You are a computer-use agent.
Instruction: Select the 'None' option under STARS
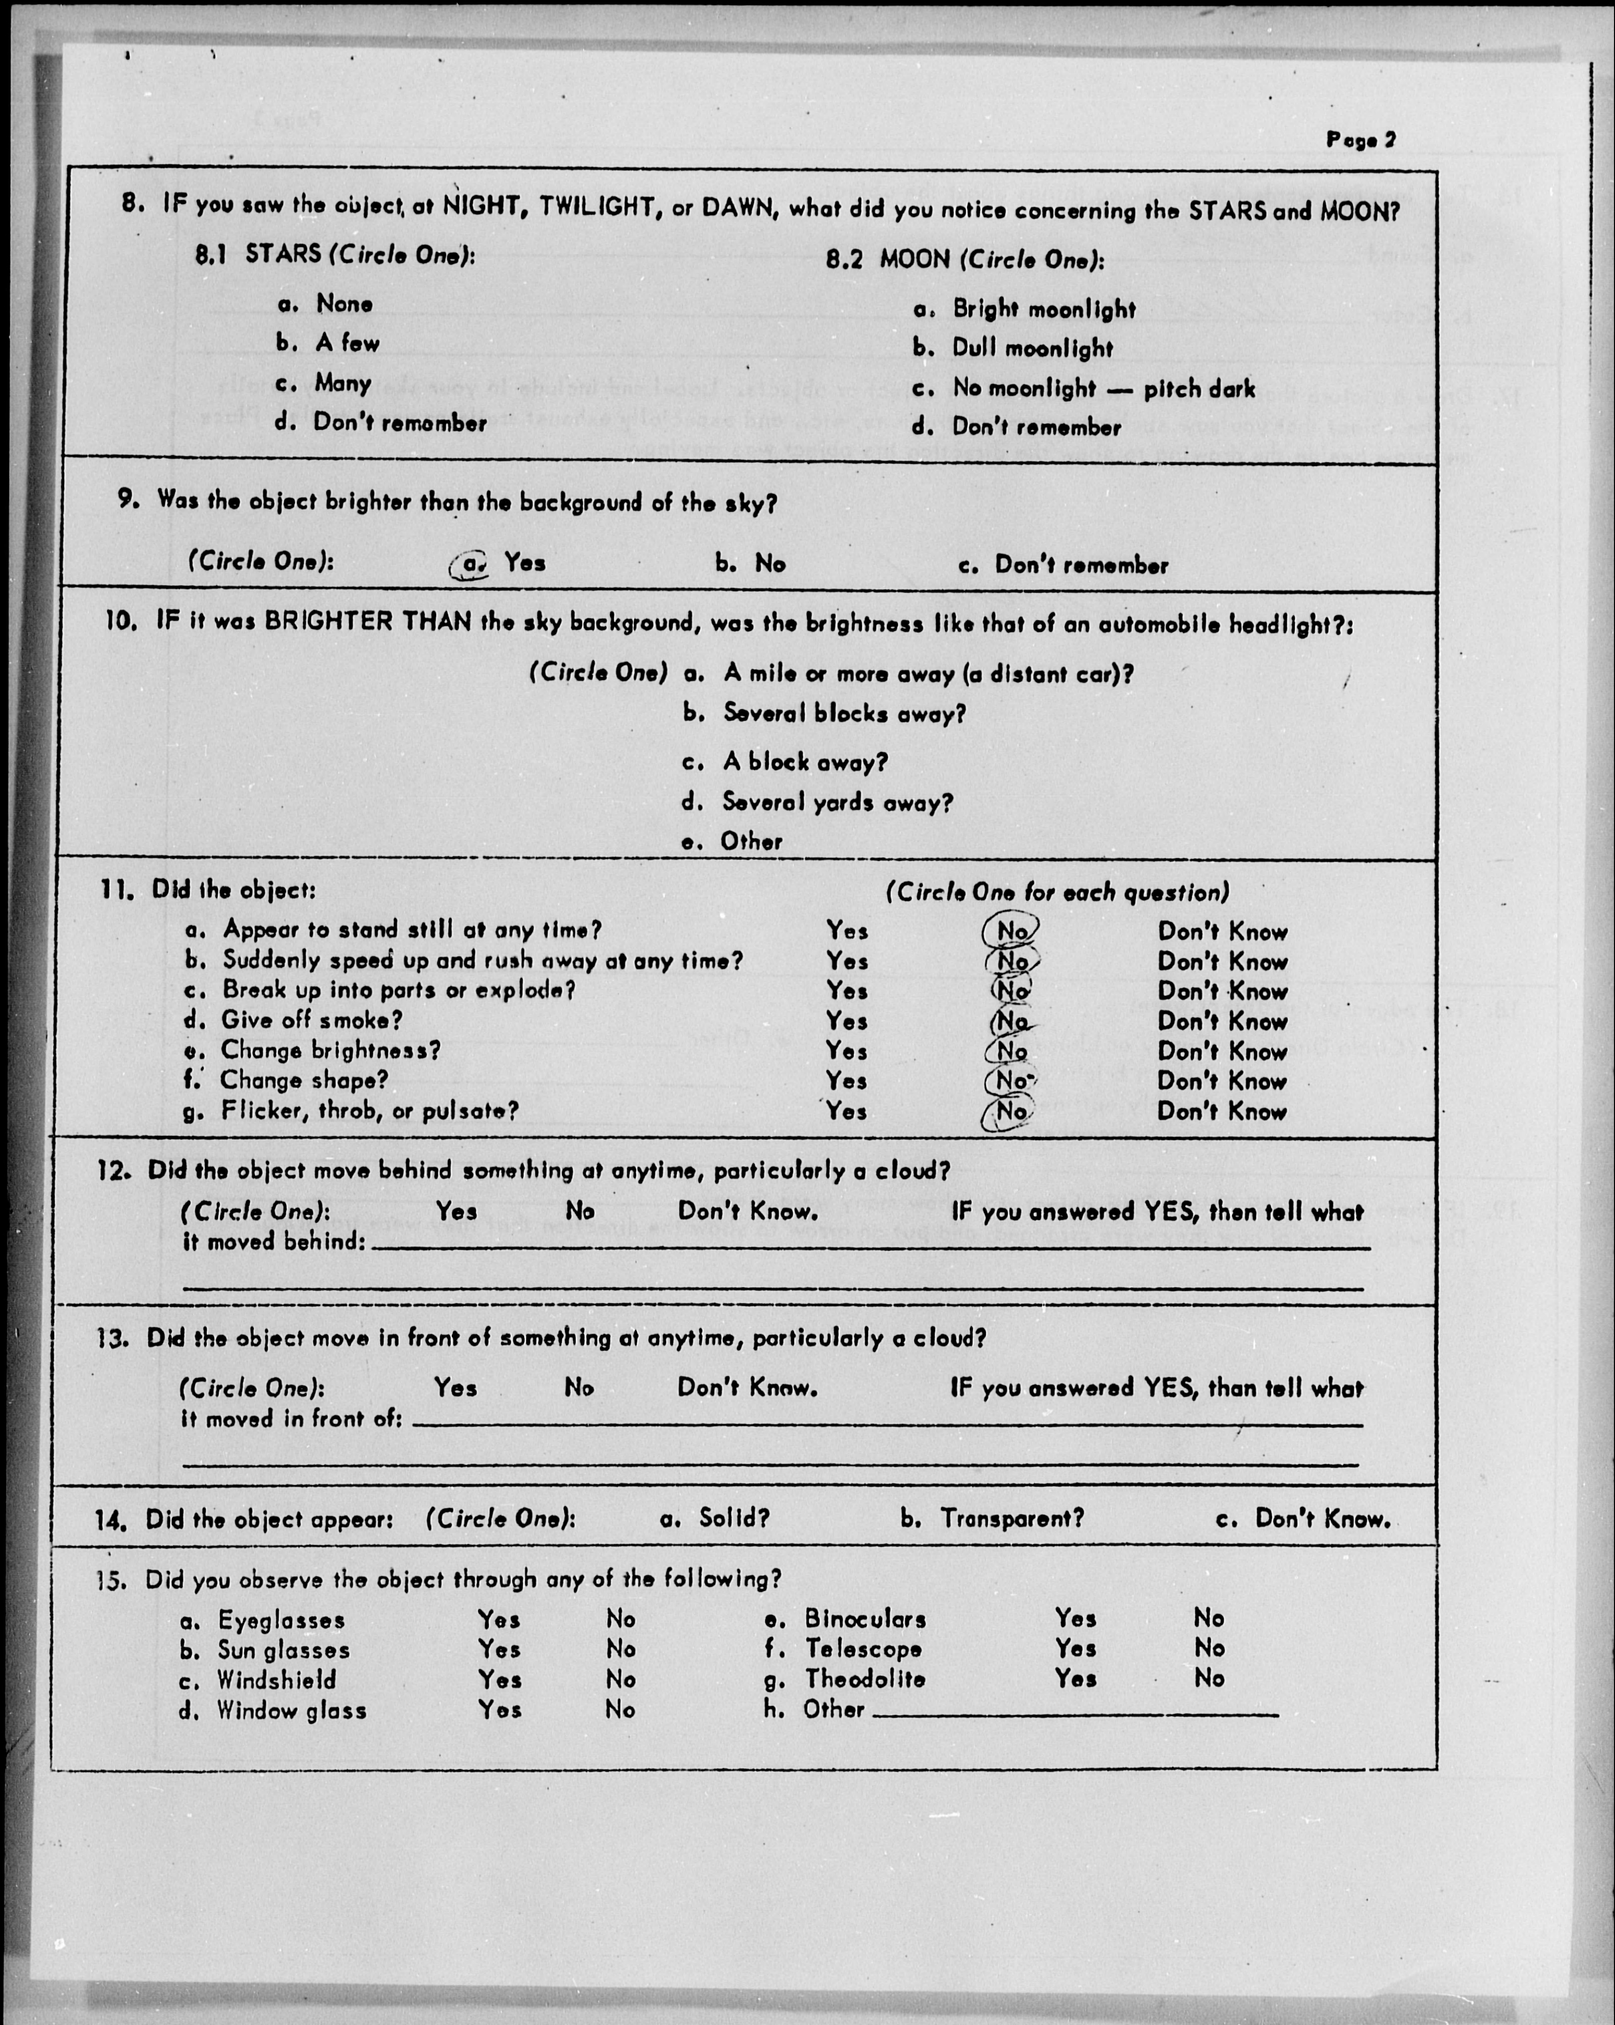pyautogui.click(x=344, y=303)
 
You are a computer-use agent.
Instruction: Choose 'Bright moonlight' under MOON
pyautogui.click(x=1043, y=309)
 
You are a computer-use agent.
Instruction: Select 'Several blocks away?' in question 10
pyautogui.click(x=843, y=714)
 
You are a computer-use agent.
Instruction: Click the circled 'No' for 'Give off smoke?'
pyautogui.click(x=1011, y=1021)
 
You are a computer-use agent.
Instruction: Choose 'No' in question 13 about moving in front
pyautogui.click(x=579, y=1387)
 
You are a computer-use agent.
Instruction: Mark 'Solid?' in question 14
pyautogui.click(x=734, y=1519)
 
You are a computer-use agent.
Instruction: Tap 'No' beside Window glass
pyautogui.click(x=620, y=1710)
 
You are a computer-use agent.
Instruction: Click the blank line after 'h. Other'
pyautogui.click(x=1075, y=1713)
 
